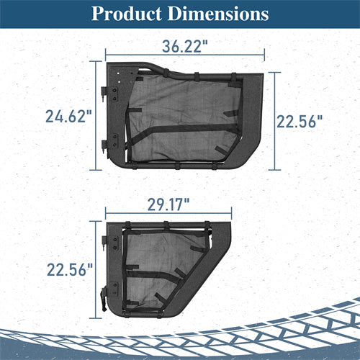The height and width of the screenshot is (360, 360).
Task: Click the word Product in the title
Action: (x=127, y=14)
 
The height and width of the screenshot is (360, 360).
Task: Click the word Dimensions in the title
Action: (x=218, y=14)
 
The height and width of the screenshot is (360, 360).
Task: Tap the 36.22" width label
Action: (x=185, y=47)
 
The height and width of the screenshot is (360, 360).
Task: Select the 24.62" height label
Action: (x=69, y=117)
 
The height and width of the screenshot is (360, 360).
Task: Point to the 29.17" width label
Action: (x=168, y=204)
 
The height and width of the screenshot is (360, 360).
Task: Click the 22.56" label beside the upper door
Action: (x=300, y=122)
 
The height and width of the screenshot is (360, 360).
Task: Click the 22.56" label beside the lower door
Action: (x=70, y=270)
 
